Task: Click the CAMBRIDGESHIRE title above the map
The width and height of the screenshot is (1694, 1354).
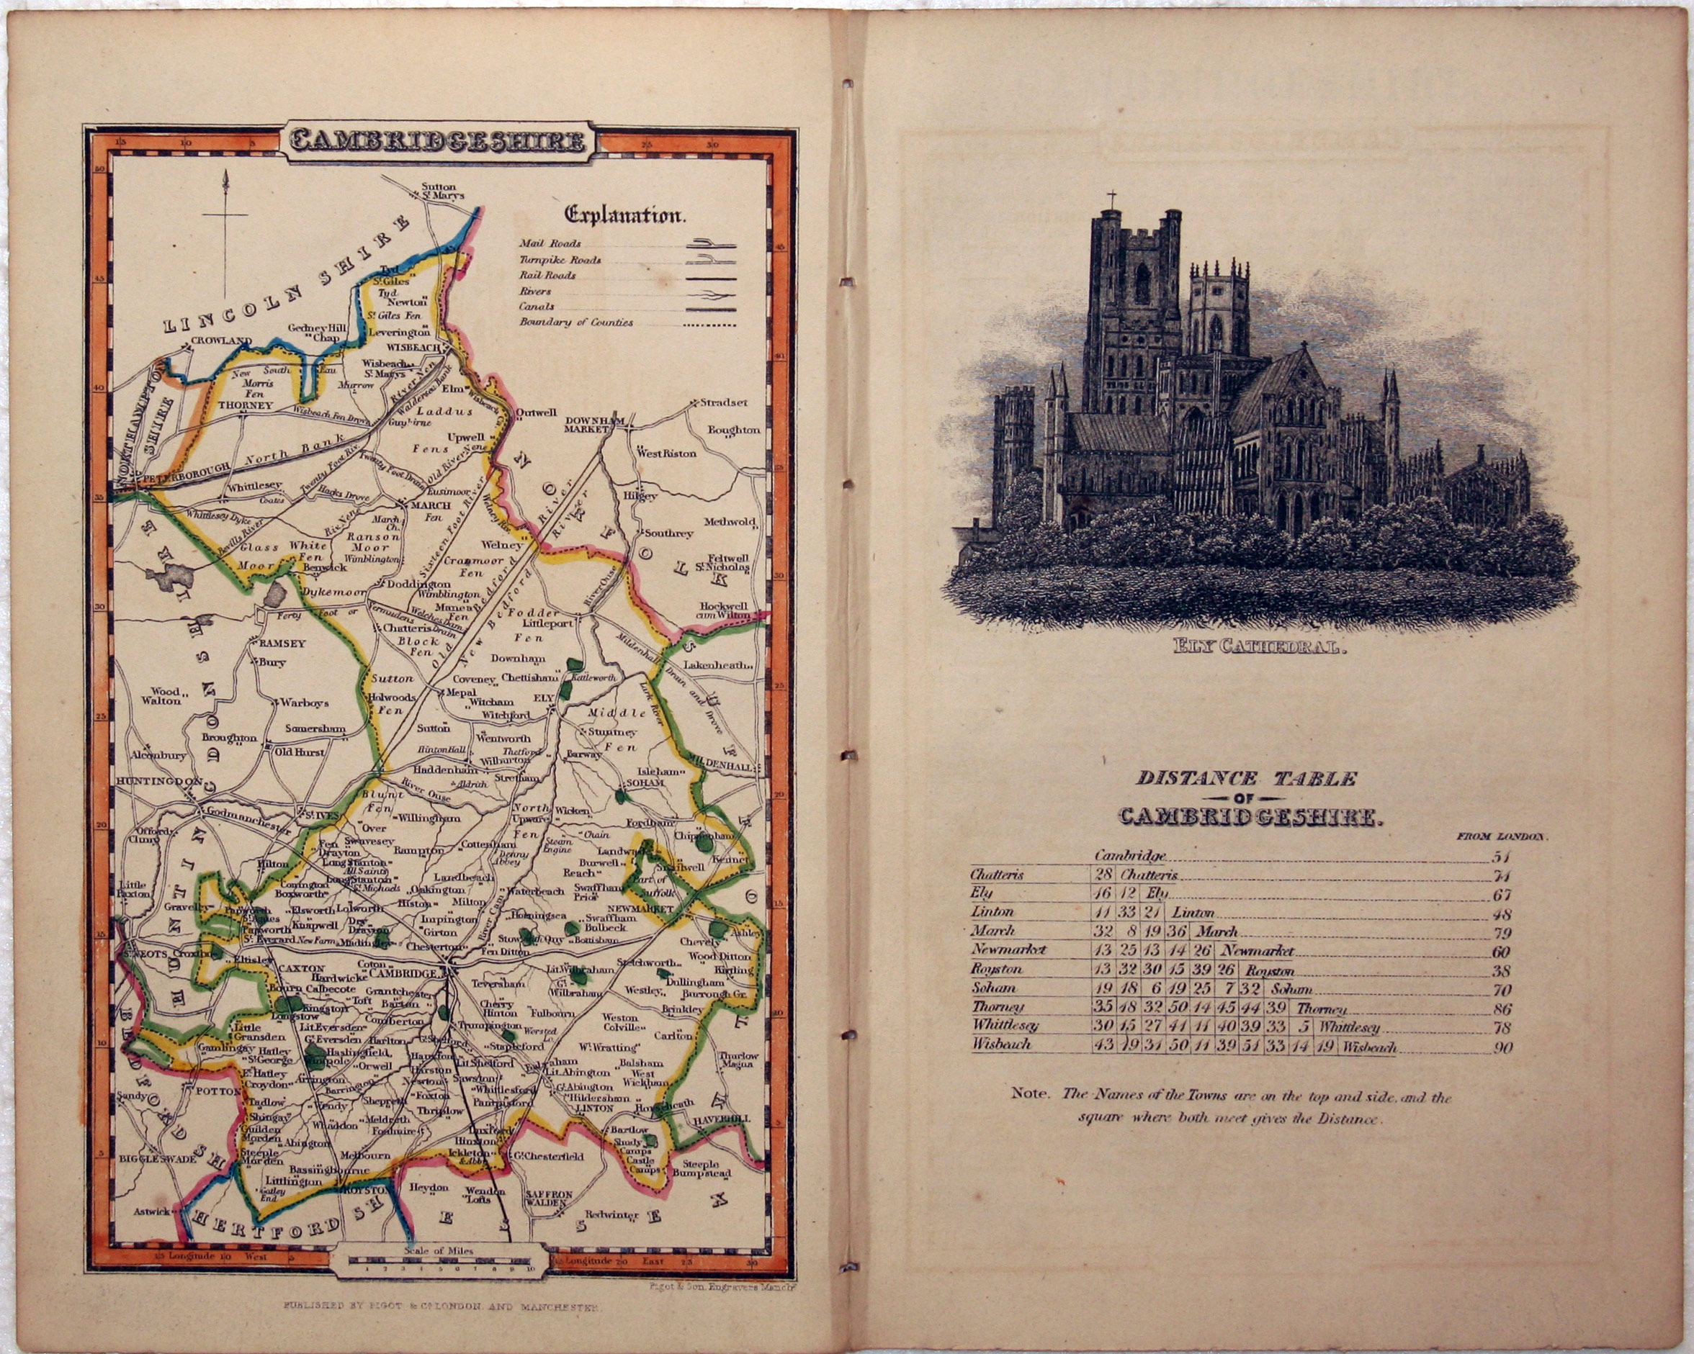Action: tap(437, 140)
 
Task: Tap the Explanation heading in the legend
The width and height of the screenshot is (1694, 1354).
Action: tap(624, 215)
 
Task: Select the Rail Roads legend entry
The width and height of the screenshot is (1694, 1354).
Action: tap(547, 276)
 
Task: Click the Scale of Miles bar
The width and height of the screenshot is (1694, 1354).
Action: tap(440, 1261)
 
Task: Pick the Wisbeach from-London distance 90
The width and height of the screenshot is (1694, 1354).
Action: tap(1502, 1047)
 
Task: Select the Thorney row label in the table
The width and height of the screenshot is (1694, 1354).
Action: tap(998, 1008)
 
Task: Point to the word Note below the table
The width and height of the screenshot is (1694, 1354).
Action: tap(1029, 1094)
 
